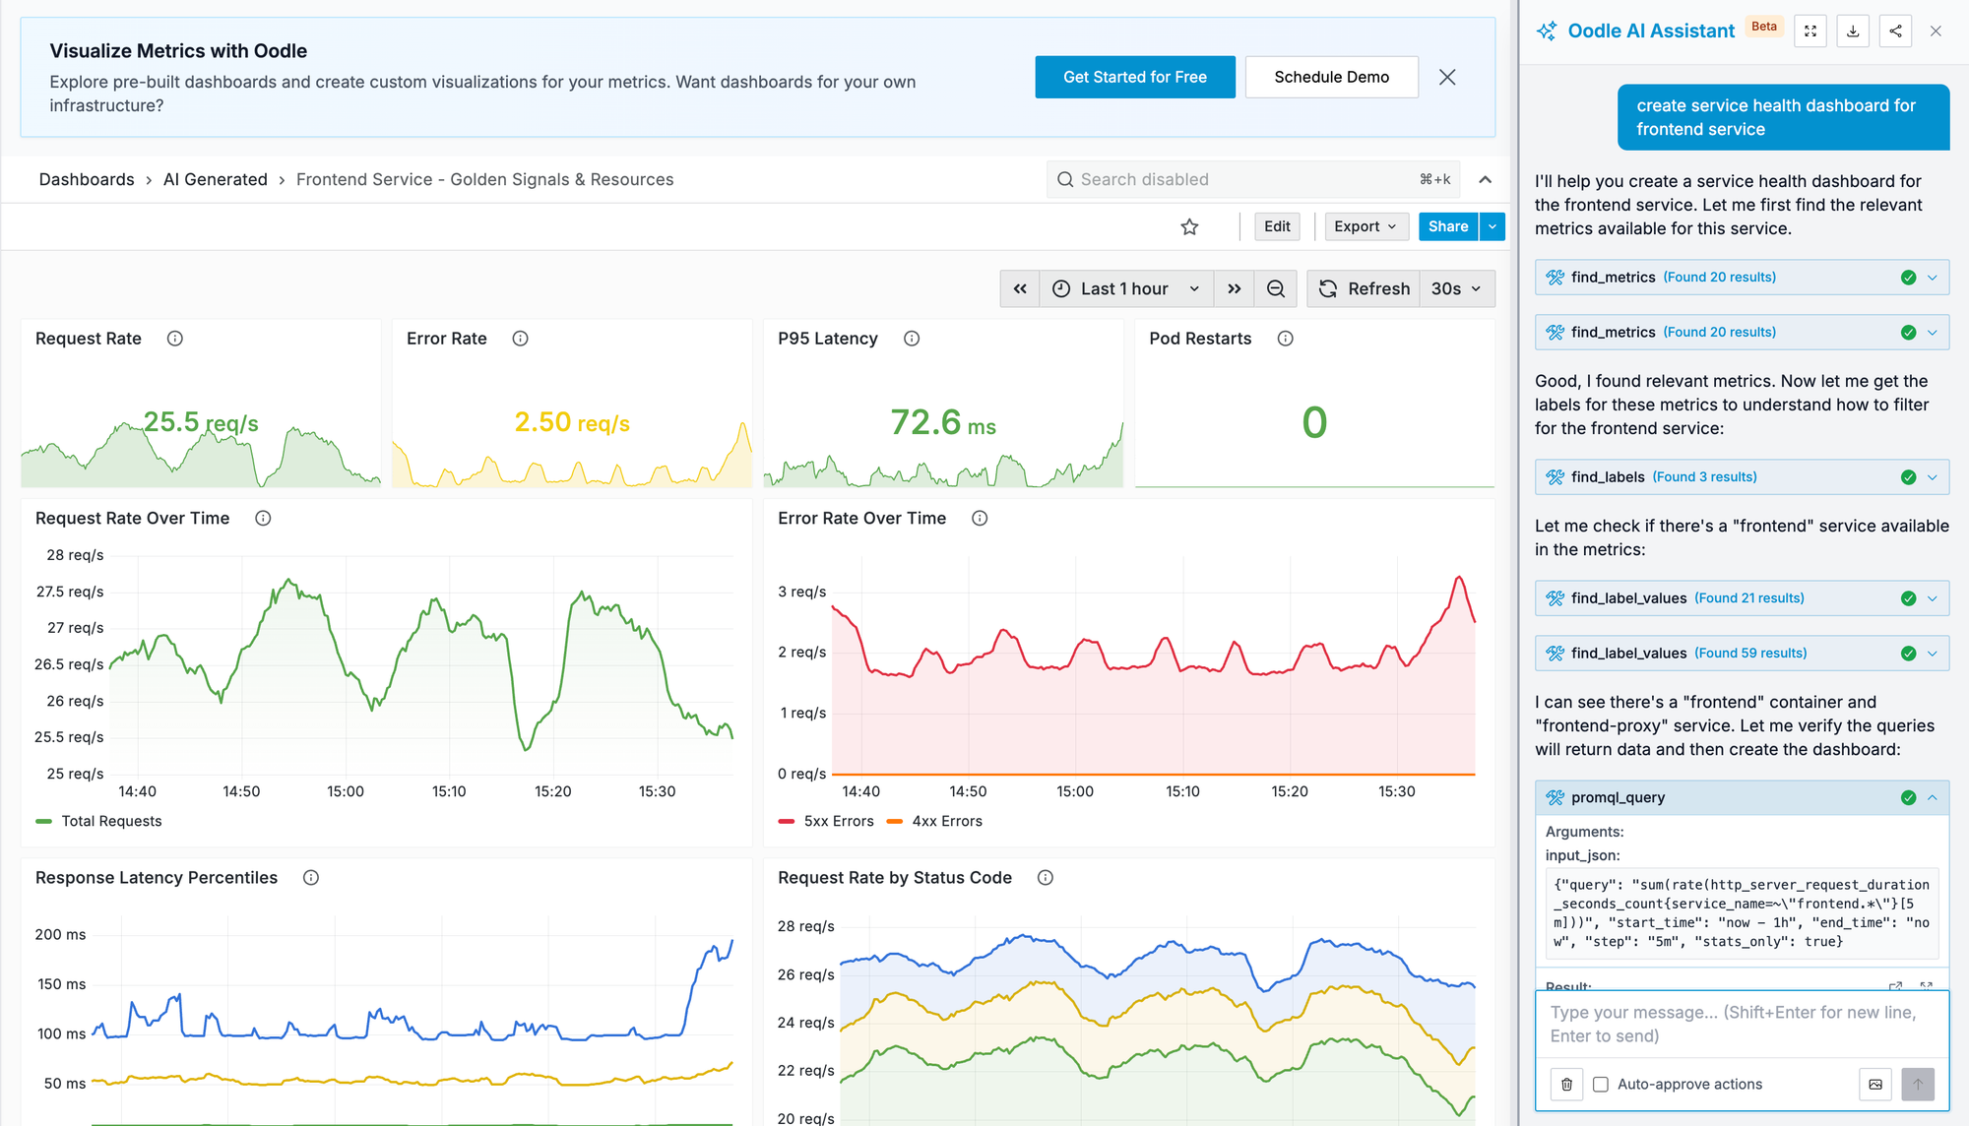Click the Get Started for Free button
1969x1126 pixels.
1134,77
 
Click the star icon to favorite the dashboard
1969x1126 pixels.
1189,227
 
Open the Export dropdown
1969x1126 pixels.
1365,226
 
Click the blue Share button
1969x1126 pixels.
1447,226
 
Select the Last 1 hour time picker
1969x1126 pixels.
1125,288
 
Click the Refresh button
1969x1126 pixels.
1364,288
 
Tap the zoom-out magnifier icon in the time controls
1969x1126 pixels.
1275,288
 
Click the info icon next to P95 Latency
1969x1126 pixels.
912,339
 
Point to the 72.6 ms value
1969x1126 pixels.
942,423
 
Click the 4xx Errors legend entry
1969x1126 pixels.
935,821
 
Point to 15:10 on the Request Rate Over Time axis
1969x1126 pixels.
449,791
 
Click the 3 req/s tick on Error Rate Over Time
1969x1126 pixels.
801,592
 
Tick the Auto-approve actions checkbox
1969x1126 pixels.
1601,1085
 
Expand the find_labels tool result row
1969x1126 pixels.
1932,477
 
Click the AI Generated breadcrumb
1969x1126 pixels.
215,179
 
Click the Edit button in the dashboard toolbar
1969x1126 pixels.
1277,226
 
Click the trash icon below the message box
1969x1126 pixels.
1566,1085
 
